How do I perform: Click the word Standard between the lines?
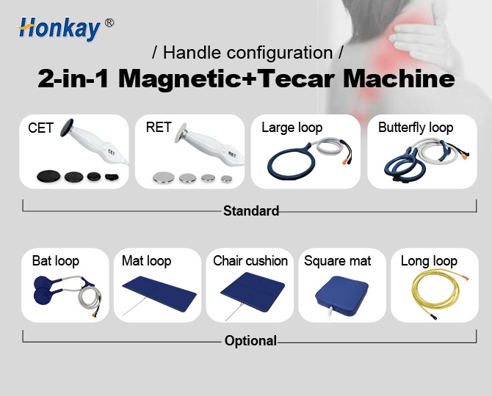click(x=251, y=211)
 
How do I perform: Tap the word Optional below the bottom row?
click(x=250, y=340)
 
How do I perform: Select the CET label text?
click(x=40, y=128)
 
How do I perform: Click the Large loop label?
click(x=292, y=128)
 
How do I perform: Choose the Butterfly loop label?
click(x=416, y=128)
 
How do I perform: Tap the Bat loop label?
click(x=55, y=261)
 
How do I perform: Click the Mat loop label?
click(x=146, y=261)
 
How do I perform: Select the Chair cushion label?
click(x=250, y=261)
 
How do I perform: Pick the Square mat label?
click(x=338, y=261)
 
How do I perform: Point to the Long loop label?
click(x=429, y=261)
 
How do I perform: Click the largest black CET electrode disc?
click(x=48, y=176)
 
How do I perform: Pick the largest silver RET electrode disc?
click(x=162, y=177)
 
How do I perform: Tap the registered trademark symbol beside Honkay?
click(x=109, y=23)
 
